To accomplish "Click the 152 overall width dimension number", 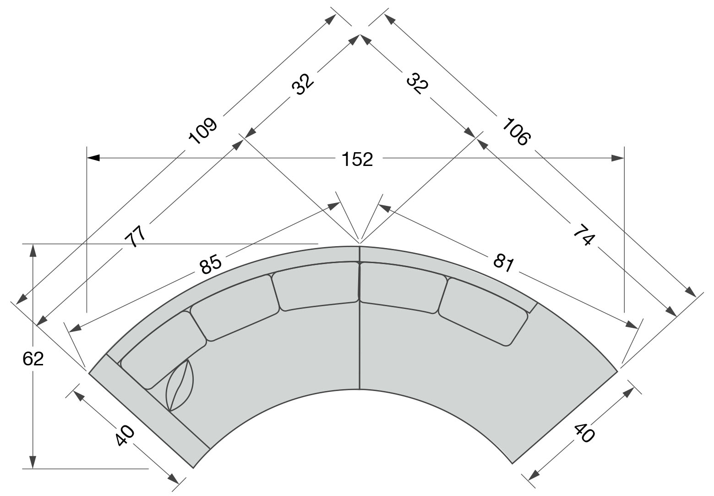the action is pyautogui.click(x=357, y=159).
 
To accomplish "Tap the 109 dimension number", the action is pyautogui.click(x=203, y=131).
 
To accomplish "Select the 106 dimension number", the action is pyautogui.click(x=516, y=132).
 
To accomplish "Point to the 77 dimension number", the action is pyautogui.click(x=135, y=236).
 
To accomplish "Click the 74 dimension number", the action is pyautogui.click(x=583, y=235).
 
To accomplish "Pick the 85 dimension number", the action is pyautogui.click(x=210, y=264).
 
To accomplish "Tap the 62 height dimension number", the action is pyautogui.click(x=33, y=359).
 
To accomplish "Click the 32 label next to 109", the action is pyautogui.click(x=303, y=84).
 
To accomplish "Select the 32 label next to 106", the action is pyautogui.click(x=418, y=83).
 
